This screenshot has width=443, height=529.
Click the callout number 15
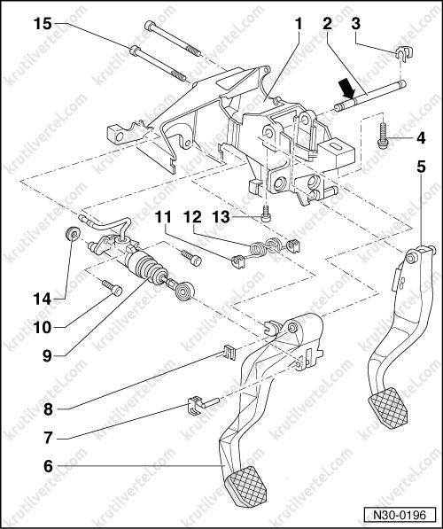43,24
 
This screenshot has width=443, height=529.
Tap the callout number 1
299,24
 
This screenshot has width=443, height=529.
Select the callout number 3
355,24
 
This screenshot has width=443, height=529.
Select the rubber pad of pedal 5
388,408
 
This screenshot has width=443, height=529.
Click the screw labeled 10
112,287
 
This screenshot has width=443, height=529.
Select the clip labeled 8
229,353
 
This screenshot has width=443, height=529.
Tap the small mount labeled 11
238,261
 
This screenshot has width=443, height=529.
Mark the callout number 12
192,216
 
